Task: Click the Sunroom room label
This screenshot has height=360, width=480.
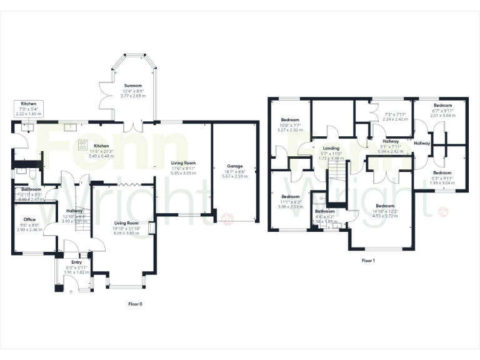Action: [132, 86]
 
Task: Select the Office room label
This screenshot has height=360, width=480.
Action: [29, 219]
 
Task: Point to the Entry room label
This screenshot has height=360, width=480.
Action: [77, 262]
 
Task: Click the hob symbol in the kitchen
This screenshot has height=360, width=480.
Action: [82, 144]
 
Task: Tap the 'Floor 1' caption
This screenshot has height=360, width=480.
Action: [368, 260]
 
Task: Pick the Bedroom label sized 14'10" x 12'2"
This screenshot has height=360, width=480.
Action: [384, 206]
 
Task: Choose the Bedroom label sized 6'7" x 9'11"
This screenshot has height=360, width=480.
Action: [443, 106]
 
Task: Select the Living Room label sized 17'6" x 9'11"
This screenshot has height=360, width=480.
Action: [184, 163]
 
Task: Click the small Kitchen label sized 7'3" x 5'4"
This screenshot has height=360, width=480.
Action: [29, 104]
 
